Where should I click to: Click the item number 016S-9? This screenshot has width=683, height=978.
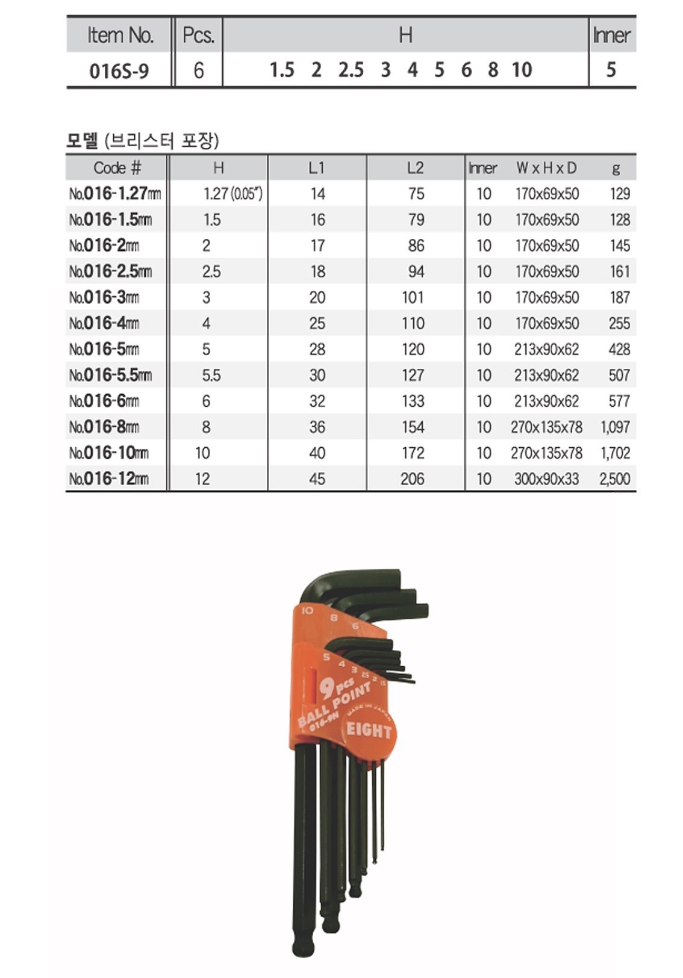tap(119, 71)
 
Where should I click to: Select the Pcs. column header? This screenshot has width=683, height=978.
tap(198, 36)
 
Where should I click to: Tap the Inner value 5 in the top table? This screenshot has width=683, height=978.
tap(611, 70)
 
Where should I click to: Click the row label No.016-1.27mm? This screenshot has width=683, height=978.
tap(115, 194)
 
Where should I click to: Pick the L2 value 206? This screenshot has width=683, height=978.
tap(413, 479)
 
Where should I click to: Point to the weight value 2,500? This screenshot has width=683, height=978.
tap(614, 479)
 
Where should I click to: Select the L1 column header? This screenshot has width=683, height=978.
tap(317, 168)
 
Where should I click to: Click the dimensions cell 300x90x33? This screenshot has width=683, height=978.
tap(546, 479)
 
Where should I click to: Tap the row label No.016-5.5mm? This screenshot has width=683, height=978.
tap(110, 376)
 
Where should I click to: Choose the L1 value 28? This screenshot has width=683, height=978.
tap(317, 350)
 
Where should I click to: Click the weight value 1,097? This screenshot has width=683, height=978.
tap(615, 427)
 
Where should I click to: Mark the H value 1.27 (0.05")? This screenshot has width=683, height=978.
tap(233, 194)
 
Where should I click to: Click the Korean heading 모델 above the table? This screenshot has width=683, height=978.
tap(82, 141)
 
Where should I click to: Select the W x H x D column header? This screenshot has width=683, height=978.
tap(546, 168)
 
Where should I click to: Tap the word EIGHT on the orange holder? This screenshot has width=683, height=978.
tap(369, 731)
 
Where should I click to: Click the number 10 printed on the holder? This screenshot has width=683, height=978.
tap(308, 610)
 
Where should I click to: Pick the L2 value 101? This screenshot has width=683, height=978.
tap(413, 298)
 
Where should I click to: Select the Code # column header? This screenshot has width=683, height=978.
tap(117, 168)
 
